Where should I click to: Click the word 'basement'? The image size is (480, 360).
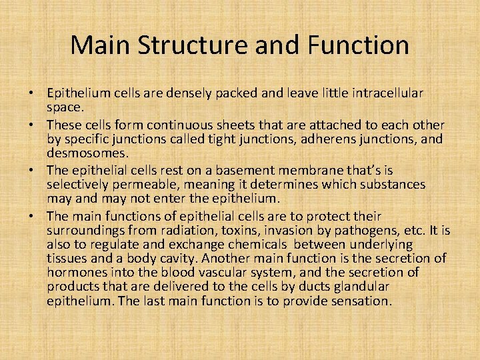point(248,170)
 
